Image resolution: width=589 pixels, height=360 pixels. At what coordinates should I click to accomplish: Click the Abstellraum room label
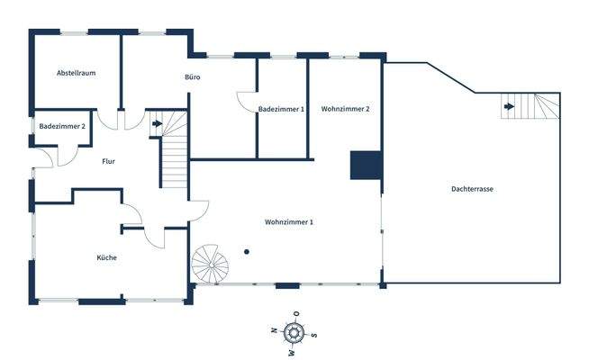(76, 72)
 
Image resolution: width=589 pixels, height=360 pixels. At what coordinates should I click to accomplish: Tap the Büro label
(192, 77)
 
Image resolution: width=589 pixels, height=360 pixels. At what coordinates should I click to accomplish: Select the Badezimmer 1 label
(281, 109)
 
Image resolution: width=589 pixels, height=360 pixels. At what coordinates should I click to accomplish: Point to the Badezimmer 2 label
(62, 127)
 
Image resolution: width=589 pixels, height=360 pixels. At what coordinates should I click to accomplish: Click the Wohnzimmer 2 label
(346, 109)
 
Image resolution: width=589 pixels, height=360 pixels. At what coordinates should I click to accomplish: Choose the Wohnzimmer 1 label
(289, 221)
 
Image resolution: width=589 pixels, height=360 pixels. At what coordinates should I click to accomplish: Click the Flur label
(109, 162)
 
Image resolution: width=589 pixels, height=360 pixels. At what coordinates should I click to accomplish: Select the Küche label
(106, 258)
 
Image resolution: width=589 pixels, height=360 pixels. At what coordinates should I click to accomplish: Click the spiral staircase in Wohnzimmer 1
(213, 265)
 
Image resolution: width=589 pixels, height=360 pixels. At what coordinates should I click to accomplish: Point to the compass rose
(294, 333)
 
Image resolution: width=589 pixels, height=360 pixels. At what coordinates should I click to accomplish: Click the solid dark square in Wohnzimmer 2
(367, 165)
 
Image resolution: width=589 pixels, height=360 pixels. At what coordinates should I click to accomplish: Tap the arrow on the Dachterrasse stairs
(510, 107)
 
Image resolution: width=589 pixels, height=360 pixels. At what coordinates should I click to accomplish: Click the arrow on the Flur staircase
(157, 123)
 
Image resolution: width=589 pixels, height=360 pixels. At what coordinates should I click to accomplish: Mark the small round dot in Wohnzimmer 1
(246, 251)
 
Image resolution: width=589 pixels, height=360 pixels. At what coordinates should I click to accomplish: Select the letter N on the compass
(275, 331)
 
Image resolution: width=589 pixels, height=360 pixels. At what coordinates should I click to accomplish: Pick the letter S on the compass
(314, 335)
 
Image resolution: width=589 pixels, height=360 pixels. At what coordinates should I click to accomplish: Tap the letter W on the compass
(292, 353)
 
